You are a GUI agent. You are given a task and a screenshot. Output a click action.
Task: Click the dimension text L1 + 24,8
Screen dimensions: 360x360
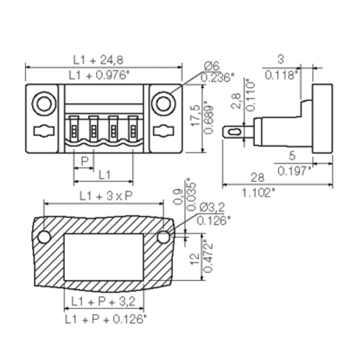[104, 59]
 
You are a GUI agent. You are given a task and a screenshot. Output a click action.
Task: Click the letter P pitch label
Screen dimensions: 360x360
[84, 160]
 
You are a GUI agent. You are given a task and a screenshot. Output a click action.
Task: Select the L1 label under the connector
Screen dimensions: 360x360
[104, 175]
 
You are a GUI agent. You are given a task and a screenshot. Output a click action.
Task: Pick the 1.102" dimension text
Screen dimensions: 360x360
[258, 193]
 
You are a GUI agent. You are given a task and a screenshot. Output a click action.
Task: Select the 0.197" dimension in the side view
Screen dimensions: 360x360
[295, 171]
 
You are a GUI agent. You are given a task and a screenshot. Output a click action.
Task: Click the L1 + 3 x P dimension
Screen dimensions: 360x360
[104, 196]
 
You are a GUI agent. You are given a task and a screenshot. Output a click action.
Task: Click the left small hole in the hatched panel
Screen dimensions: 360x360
[45, 236]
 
